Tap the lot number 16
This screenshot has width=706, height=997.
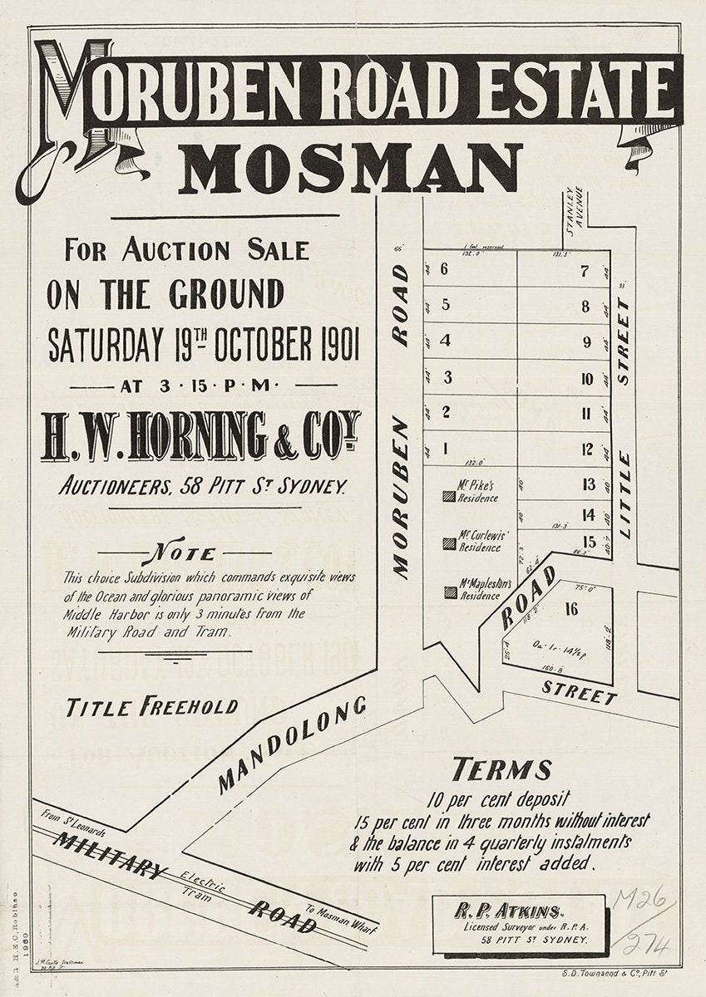pos(570,609)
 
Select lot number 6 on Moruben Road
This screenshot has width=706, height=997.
pos(444,268)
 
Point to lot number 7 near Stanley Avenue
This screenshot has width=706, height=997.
pos(585,271)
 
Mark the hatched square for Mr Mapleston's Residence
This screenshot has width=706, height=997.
pos(450,592)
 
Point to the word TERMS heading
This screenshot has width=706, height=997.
pos(501,770)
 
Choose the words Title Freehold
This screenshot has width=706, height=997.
pos(152,708)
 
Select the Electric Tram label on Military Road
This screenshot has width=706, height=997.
pos(202,882)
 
